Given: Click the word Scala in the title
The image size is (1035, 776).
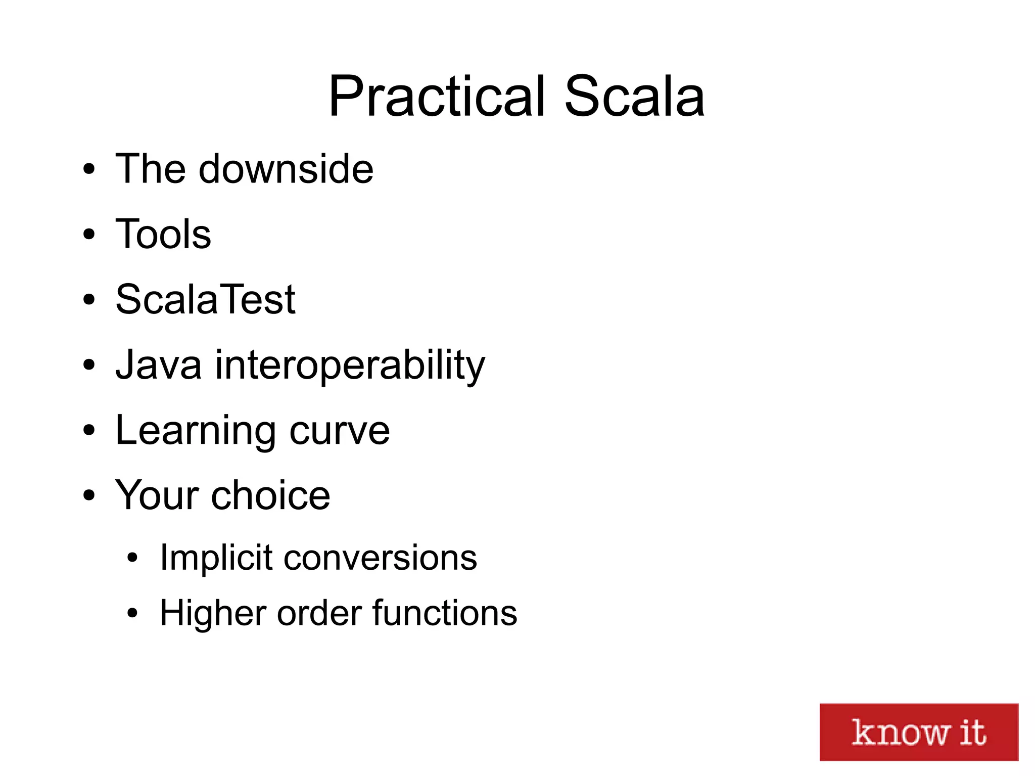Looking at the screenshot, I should (x=634, y=97).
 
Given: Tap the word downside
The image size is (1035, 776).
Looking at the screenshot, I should (x=286, y=169).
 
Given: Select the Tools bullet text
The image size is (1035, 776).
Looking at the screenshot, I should (x=163, y=234).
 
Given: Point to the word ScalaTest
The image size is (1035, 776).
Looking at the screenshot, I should (x=205, y=299).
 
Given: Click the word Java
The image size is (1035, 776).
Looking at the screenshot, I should (x=158, y=364).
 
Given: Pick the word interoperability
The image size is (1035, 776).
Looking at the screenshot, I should (x=350, y=366).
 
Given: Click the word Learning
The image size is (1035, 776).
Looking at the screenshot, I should (x=195, y=431).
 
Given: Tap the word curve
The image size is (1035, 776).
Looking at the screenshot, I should (x=340, y=431).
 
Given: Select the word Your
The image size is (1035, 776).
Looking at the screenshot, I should (x=157, y=495).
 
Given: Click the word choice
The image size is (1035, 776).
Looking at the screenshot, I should (x=270, y=495).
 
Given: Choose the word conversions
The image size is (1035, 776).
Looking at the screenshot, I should (x=380, y=558).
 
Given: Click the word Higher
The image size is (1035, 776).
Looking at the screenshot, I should (x=212, y=613).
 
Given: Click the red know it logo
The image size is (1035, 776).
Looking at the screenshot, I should (x=918, y=732).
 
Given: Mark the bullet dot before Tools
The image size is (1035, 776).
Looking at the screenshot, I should (x=89, y=235).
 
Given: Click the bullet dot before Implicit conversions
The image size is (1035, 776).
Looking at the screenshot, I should (x=132, y=559).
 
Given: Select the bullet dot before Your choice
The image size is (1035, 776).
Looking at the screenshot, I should (x=89, y=495).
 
